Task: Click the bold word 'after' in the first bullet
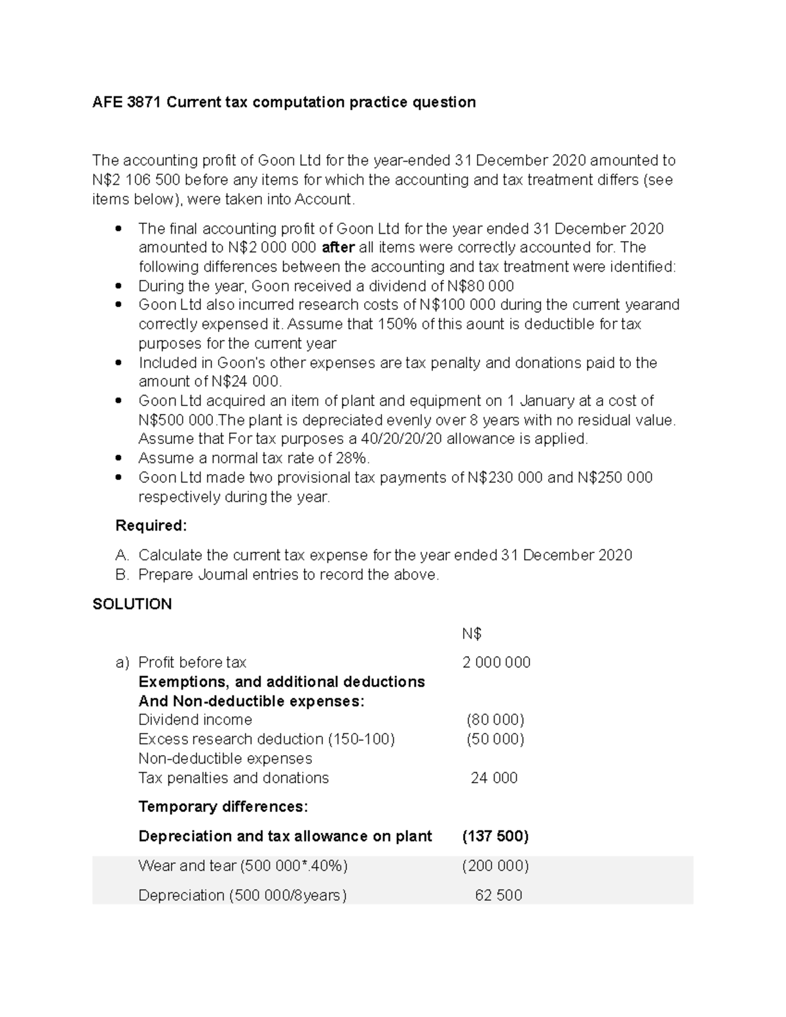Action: point(339,248)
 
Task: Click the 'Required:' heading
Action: point(151,526)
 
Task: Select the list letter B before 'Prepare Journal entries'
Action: point(122,575)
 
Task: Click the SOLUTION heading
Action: point(132,604)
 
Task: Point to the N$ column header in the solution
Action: point(472,634)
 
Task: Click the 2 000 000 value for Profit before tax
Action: point(496,663)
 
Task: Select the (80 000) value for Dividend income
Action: point(495,720)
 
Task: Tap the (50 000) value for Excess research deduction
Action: point(495,739)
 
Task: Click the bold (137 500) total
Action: point(495,836)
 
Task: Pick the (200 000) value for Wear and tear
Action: point(495,866)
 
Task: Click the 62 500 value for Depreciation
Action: point(498,895)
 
